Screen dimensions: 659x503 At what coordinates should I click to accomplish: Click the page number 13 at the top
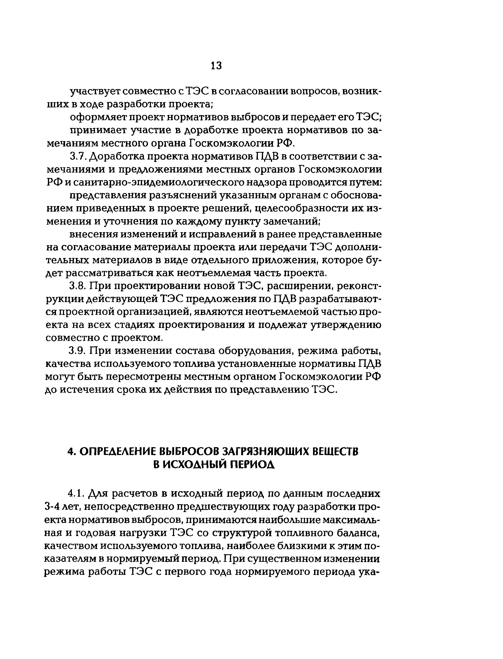(216, 65)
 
